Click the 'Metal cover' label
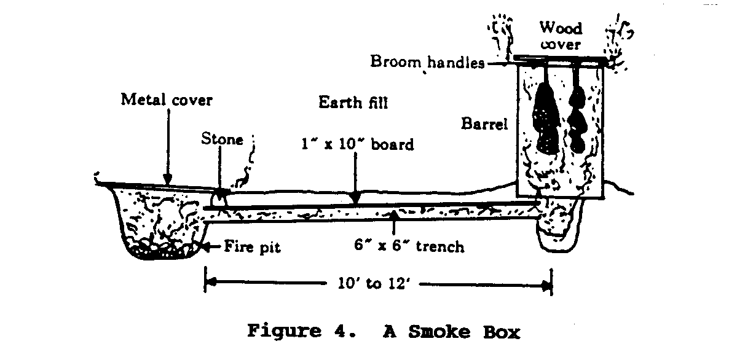tap(166, 100)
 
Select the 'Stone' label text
tap(222, 139)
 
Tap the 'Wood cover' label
tap(561, 36)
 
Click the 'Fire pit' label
tap(248, 247)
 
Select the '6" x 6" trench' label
tap(409, 246)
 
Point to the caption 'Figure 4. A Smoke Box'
tap(384, 332)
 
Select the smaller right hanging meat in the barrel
tap(577, 120)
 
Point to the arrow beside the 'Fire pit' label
tap(209, 247)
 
